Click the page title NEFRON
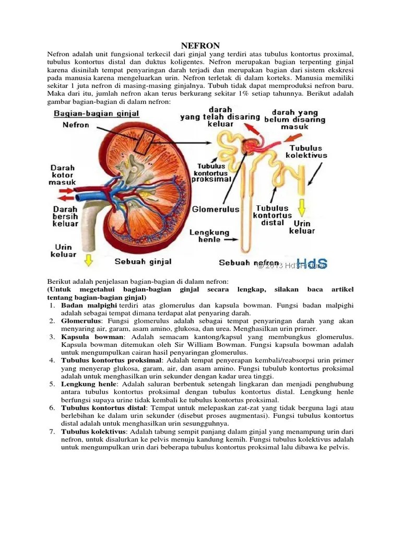(x=200, y=46)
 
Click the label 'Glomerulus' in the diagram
(x=216, y=209)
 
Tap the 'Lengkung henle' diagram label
(x=209, y=236)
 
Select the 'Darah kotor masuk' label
(x=63, y=175)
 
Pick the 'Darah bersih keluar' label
(x=65, y=216)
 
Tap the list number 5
(x=52, y=384)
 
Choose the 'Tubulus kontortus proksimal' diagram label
(x=211, y=172)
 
